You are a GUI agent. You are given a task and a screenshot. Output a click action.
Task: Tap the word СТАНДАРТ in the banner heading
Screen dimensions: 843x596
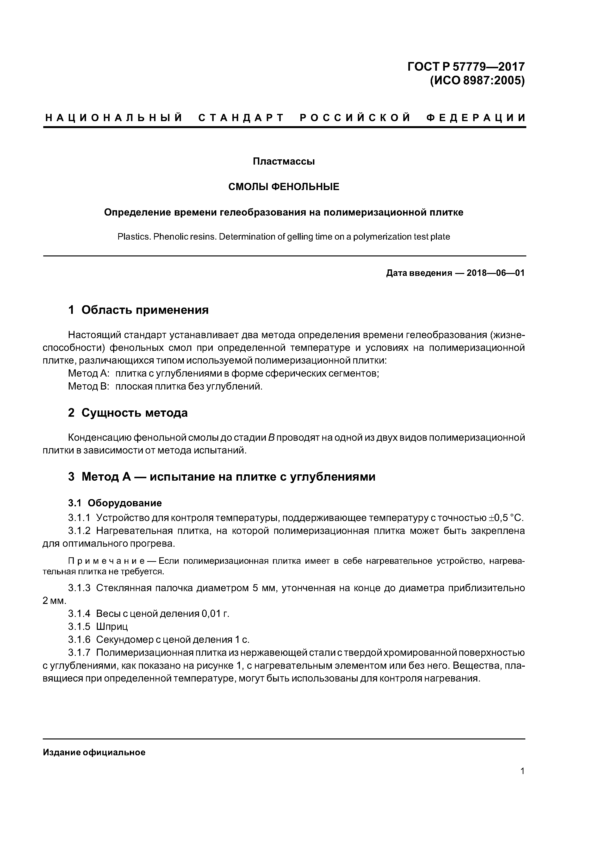[x=241, y=118]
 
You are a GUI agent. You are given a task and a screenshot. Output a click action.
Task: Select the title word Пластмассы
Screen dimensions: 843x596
[x=284, y=161]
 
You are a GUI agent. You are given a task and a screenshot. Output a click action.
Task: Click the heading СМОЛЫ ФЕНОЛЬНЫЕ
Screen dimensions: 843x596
[x=284, y=187]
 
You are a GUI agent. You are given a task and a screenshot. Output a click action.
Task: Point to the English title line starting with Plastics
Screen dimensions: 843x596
[x=284, y=237]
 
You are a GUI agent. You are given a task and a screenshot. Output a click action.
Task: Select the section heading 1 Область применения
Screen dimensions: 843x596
[x=138, y=310]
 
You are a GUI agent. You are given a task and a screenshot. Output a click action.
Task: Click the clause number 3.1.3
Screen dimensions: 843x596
[x=79, y=588]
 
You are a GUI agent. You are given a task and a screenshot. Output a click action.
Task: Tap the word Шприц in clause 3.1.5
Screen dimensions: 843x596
[x=112, y=626]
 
